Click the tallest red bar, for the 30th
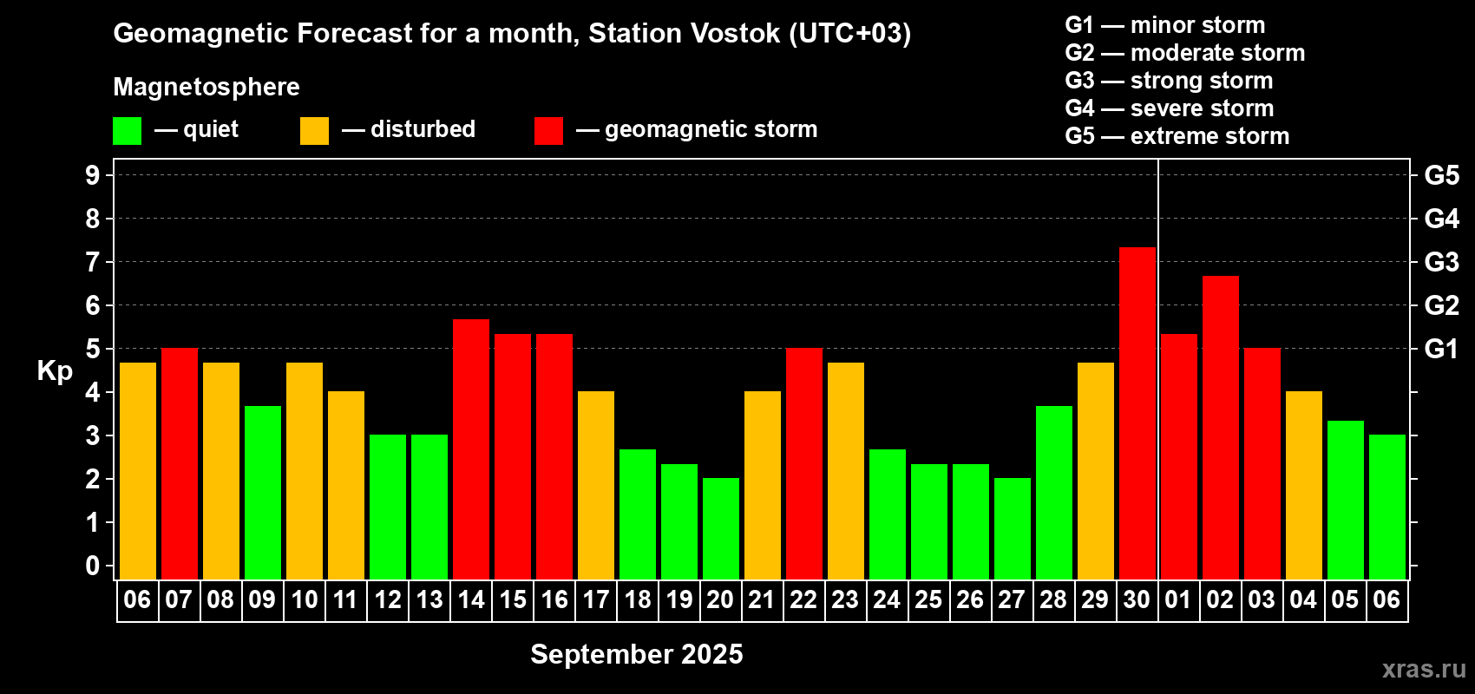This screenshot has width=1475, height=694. pos(1137,414)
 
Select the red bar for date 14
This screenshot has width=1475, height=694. pos(471,449)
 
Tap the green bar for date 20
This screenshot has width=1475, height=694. pos(720,528)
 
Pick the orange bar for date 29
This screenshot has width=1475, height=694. pos(1096,471)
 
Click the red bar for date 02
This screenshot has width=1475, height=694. pos(1220,428)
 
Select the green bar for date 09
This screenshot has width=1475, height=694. pos(263,493)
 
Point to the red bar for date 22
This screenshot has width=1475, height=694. pos(804,463)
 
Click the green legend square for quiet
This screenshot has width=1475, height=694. pos(127,131)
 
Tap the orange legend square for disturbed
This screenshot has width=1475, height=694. pos(314,131)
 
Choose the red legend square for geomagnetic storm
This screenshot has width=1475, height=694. pos(548,131)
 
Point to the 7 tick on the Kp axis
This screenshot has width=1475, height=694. pos(92,262)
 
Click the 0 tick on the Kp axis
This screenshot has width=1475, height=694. pos(92,566)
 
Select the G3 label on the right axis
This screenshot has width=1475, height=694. pos(1441,262)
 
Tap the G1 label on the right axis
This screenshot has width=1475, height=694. pos(1441,349)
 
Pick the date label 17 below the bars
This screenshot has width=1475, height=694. pos(596,599)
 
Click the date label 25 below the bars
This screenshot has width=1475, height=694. pos(928,599)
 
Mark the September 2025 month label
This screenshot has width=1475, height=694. pos(637,654)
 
